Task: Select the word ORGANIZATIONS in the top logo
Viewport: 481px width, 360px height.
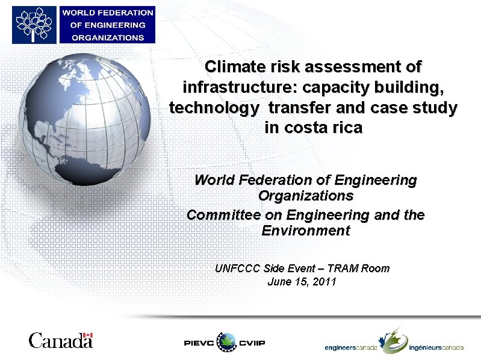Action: tap(108, 37)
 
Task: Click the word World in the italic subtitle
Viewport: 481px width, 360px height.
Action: tap(214, 180)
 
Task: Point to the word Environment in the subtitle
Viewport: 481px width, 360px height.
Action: tap(306, 231)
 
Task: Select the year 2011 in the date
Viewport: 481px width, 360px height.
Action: tap(324, 282)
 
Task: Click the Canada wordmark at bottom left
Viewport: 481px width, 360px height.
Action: tap(60, 341)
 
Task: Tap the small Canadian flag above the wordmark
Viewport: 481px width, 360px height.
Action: tap(88, 335)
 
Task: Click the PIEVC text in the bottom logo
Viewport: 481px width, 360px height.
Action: tap(199, 343)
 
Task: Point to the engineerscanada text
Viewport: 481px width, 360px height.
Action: tap(351, 347)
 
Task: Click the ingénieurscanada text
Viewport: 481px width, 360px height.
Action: tap(436, 347)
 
